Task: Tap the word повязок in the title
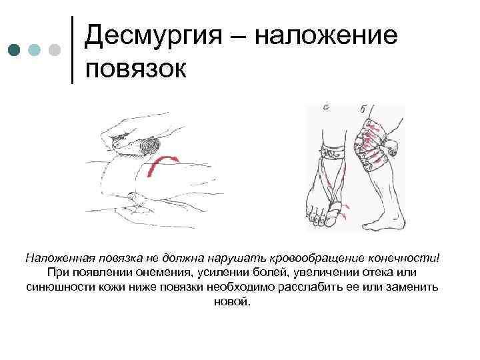click(137, 69)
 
